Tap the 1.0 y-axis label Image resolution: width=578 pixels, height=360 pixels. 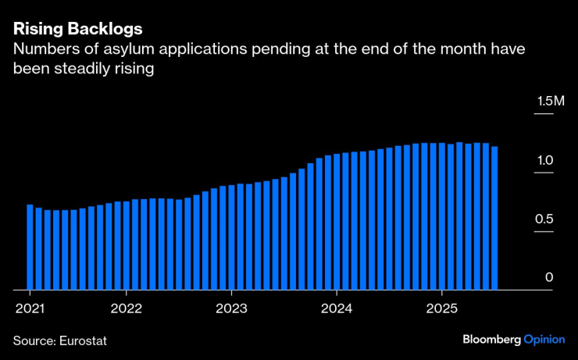pos(544,161)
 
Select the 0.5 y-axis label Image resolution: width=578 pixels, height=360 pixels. pos(544,219)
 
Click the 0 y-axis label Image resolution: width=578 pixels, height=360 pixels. pos(549,278)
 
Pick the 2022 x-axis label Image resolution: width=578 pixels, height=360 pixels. pos(127,308)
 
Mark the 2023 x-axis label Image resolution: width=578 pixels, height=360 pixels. pos(231,308)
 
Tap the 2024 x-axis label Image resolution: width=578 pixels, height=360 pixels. pos(337,308)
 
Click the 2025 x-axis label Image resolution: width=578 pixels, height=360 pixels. pos(441,308)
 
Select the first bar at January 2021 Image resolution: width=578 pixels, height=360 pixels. pos(30,247)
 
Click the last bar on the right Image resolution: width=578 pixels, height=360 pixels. pos(494,218)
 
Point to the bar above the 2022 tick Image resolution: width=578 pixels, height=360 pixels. pos(127,245)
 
